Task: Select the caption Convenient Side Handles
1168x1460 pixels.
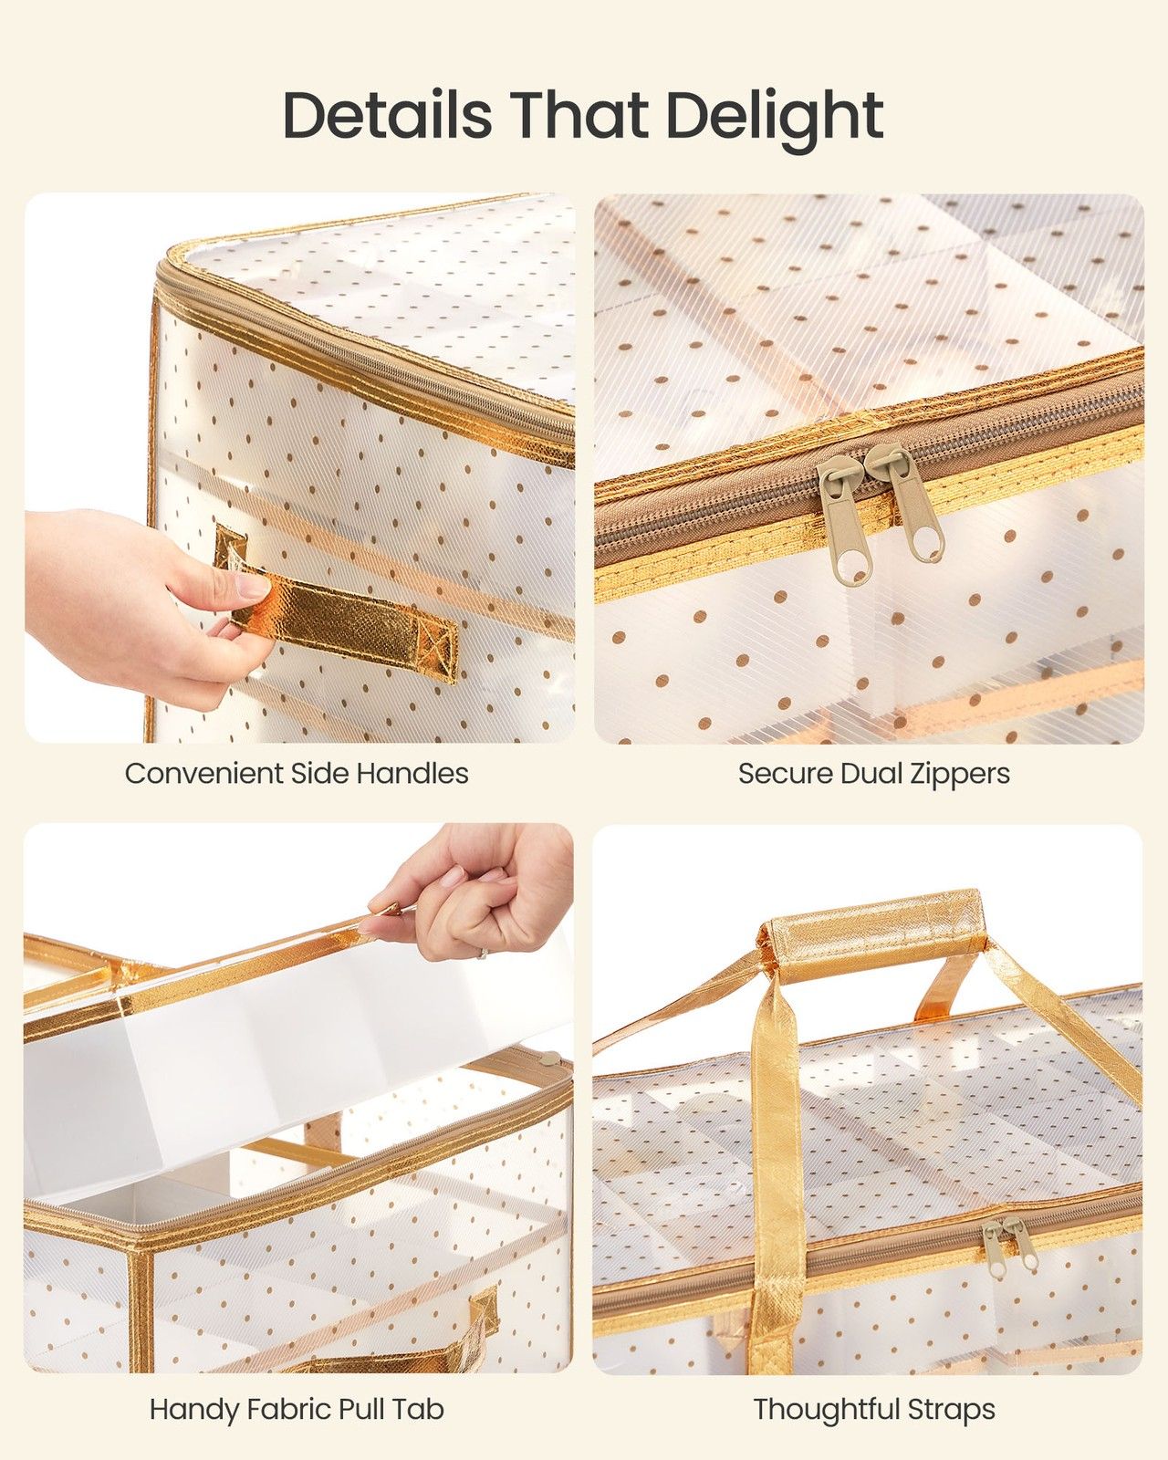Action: pos(297,774)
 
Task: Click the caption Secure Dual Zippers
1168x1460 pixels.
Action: pos(874,774)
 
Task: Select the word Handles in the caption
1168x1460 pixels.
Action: pos(413,774)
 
